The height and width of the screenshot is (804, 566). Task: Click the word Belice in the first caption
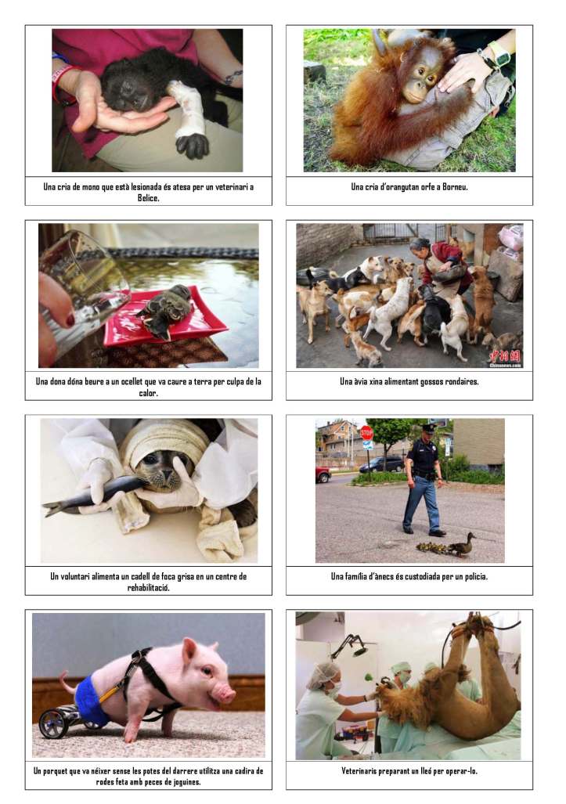(148, 198)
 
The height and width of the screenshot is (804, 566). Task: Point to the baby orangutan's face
(420, 81)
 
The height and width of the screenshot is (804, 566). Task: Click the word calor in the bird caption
(148, 393)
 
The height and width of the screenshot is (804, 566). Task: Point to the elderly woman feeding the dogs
(440, 265)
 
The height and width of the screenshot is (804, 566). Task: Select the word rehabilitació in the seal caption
(148, 588)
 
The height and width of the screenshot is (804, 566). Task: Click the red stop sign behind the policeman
(366, 432)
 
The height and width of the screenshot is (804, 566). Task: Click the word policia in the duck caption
(476, 576)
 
